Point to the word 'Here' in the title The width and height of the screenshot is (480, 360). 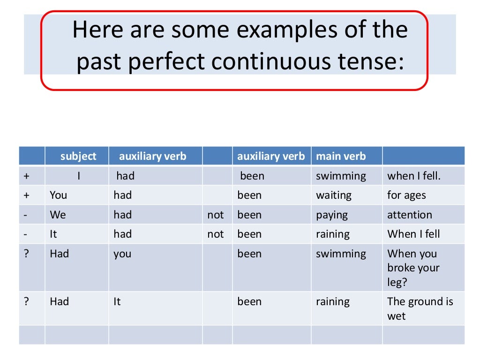click(x=96, y=30)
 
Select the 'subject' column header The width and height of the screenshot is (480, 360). click(x=78, y=156)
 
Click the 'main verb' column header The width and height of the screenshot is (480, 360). click(x=341, y=156)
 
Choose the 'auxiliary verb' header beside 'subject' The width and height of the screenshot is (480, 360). click(x=152, y=156)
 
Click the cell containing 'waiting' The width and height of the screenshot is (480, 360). click(x=334, y=195)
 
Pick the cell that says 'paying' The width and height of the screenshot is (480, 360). click(x=332, y=215)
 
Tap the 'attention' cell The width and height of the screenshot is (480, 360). click(x=410, y=215)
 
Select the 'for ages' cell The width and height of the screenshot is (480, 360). click(x=406, y=195)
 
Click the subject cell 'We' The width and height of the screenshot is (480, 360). click(x=58, y=215)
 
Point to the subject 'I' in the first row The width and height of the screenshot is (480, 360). click(x=79, y=176)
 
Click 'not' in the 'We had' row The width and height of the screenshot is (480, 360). click(x=216, y=215)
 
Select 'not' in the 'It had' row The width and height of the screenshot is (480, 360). click(x=216, y=234)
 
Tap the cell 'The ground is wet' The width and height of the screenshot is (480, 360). click(x=420, y=308)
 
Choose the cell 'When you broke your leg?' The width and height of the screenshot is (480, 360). click(x=413, y=268)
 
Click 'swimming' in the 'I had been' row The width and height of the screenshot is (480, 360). click(x=341, y=176)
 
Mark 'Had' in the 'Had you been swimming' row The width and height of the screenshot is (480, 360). click(x=60, y=254)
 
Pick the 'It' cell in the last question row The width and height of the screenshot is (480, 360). click(x=117, y=301)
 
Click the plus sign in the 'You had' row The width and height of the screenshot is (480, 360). click(x=26, y=195)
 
